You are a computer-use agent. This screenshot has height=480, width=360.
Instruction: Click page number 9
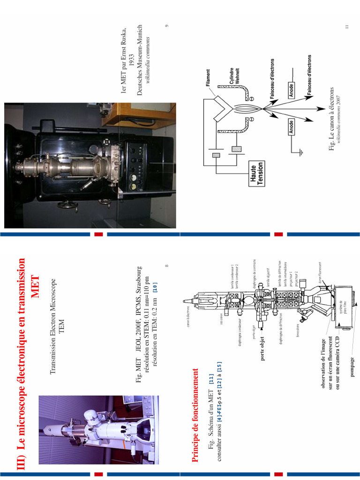tap(167, 26)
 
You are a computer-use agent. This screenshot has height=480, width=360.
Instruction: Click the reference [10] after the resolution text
tap(155, 288)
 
